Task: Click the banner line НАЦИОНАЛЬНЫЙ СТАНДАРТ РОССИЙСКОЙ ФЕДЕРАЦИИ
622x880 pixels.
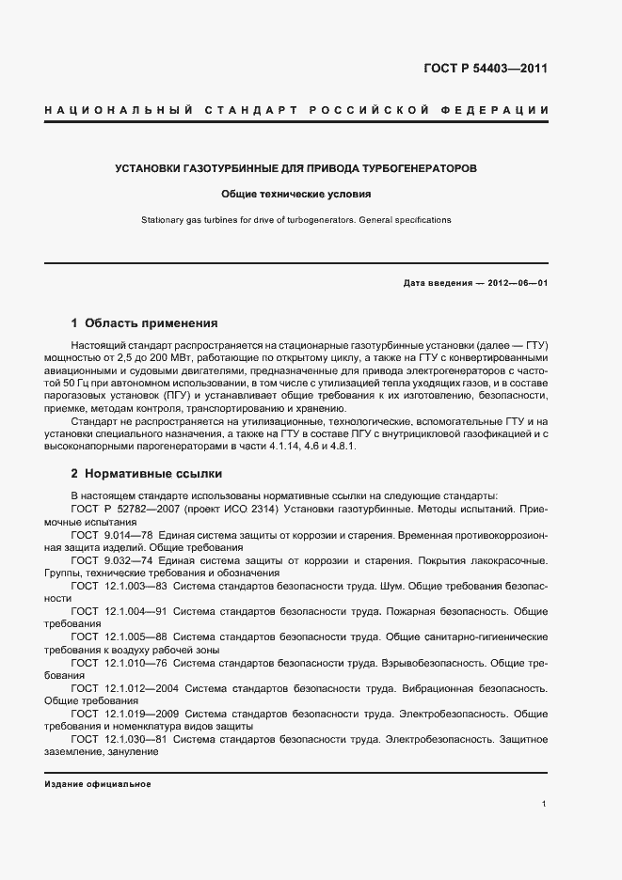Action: coord(296,111)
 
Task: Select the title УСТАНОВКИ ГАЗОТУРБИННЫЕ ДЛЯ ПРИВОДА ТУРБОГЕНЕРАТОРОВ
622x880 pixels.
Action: coord(295,169)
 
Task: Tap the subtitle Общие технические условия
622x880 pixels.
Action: coord(296,195)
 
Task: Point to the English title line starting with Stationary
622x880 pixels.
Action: coord(296,220)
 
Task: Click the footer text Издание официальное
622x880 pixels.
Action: coord(98,784)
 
